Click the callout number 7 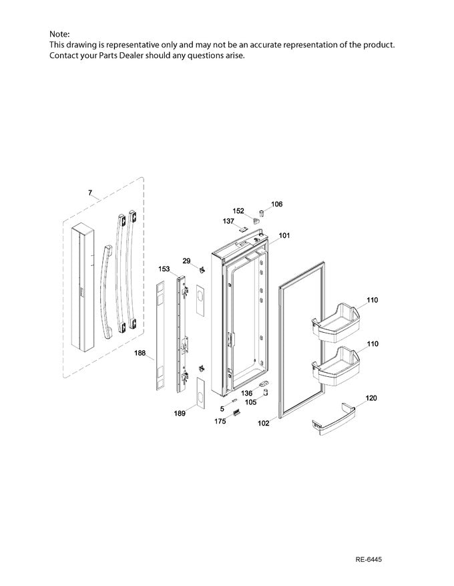[x=90, y=193]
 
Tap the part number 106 [x=277, y=204]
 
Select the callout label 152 [x=238, y=211]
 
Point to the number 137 [x=228, y=221]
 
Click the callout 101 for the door [x=284, y=235]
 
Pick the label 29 [x=186, y=260]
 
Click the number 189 [x=180, y=414]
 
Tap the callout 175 [x=219, y=422]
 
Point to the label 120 [x=371, y=398]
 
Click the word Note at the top [x=59, y=33]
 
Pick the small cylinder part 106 [x=262, y=213]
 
